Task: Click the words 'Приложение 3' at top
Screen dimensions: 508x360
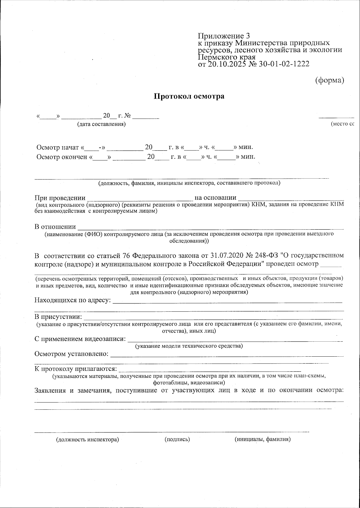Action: point(223,36)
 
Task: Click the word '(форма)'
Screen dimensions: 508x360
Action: point(329,80)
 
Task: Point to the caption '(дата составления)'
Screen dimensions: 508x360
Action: point(101,124)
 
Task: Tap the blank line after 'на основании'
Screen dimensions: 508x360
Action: point(291,198)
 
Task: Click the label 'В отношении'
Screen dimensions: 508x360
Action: point(55,227)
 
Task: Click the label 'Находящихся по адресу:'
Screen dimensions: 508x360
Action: point(73,300)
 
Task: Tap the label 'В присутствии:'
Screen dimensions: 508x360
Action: point(58,317)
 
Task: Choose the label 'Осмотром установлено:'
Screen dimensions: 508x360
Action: point(72,354)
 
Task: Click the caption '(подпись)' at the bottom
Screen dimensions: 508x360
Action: point(177,439)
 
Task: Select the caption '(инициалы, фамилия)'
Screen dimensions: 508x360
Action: point(262,439)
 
